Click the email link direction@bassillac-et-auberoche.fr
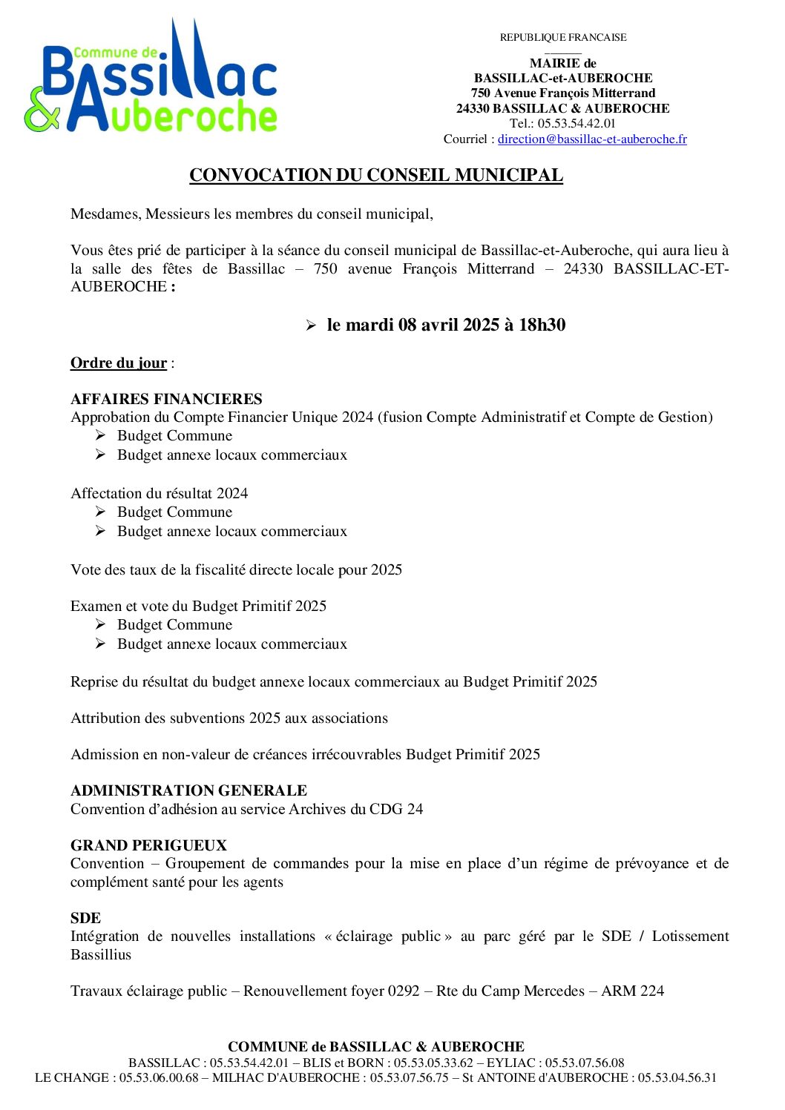(592, 139)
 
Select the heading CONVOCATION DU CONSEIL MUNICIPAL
(376, 175)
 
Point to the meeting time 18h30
(542, 325)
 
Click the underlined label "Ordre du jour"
(119, 363)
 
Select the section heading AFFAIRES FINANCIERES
(166, 399)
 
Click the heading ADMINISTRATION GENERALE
(188, 790)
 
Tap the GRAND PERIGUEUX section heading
(148, 845)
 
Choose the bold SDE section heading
(85, 918)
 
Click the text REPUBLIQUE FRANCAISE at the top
(563, 38)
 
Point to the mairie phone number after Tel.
(577, 124)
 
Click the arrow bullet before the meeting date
(311, 326)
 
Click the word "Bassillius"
(101, 954)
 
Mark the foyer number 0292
(404, 991)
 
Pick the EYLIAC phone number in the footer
(585, 1063)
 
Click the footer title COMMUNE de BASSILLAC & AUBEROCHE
(376, 1047)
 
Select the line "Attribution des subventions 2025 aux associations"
(229, 718)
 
